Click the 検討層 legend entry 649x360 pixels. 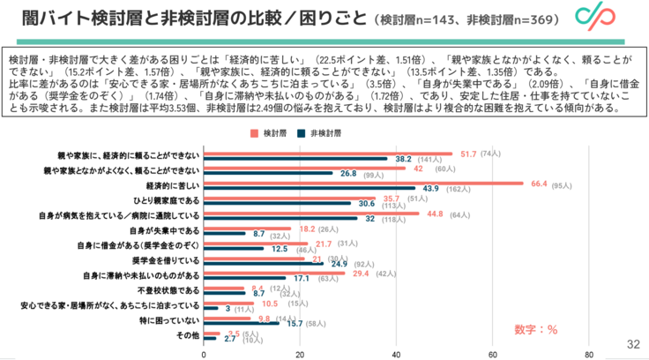tap(266, 132)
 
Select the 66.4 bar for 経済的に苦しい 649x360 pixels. tap(362, 184)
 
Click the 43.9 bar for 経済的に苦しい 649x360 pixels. tap(309, 189)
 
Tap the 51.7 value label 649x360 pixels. tap(462, 154)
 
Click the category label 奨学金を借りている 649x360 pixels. tap(168, 261)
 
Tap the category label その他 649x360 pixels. tap(189, 336)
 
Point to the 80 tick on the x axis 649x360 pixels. tap(587, 354)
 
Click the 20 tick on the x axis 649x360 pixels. tap(300, 354)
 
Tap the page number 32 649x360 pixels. tap(632, 344)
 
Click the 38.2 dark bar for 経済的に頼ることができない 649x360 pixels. tap(295, 159)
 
